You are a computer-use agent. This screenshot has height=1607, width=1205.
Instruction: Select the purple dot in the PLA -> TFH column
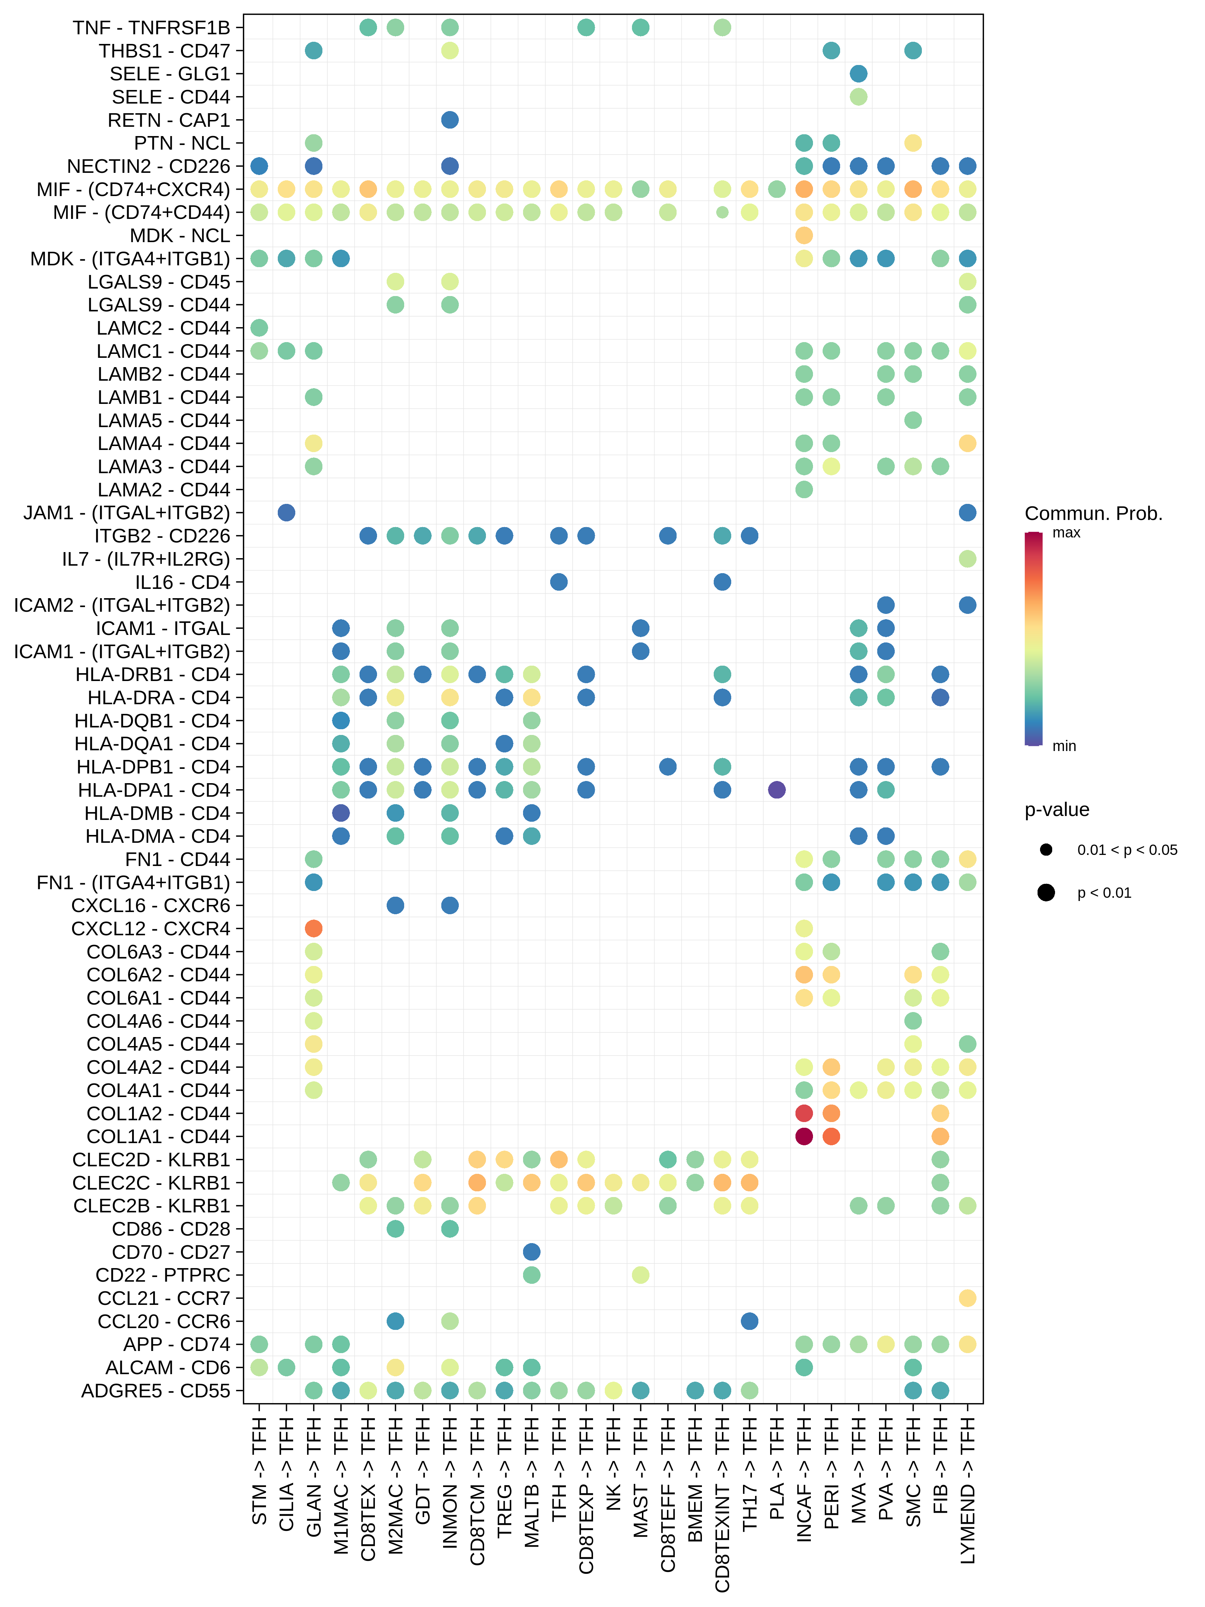[x=777, y=790]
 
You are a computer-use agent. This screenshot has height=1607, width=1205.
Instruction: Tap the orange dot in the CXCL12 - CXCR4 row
[x=313, y=928]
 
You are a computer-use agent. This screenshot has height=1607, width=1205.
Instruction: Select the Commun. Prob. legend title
[x=1093, y=514]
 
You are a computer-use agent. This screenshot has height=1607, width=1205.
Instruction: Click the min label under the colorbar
[x=1064, y=746]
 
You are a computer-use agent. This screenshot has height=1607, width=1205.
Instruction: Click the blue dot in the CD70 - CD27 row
[x=532, y=1252]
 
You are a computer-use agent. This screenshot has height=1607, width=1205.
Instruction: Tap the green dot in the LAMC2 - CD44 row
[x=259, y=327]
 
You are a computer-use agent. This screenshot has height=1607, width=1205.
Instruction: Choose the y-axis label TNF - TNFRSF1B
[x=151, y=27]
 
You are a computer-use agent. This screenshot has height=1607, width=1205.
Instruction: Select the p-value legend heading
[x=1057, y=809]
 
